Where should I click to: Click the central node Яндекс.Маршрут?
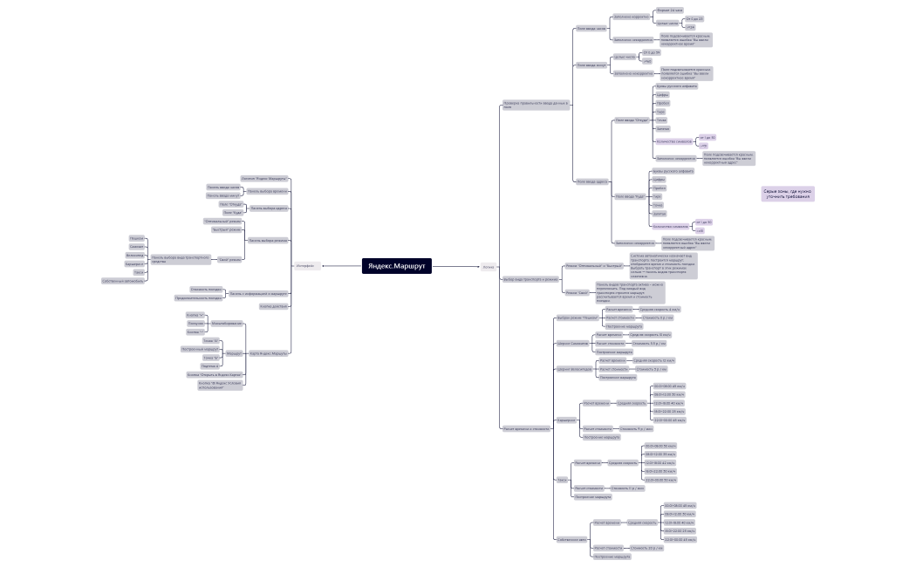(397, 266)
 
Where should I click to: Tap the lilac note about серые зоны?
(787, 195)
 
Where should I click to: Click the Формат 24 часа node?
(670, 10)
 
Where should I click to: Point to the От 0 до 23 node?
(694, 18)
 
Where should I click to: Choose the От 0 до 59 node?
(651, 53)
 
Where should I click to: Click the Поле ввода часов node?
(591, 28)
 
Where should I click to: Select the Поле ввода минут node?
(591, 65)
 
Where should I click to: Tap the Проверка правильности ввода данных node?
(536, 105)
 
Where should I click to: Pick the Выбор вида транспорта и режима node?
(530, 279)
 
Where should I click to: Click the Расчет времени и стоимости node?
(526, 428)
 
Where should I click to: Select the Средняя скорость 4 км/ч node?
(660, 309)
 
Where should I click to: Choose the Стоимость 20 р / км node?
(646, 548)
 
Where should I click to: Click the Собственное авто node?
(571, 539)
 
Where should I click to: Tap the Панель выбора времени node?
(267, 190)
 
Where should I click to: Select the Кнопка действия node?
(273, 306)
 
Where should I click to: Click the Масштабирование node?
(226, 323)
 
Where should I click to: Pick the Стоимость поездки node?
(206, 289)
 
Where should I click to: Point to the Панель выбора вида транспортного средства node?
(181, 258)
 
